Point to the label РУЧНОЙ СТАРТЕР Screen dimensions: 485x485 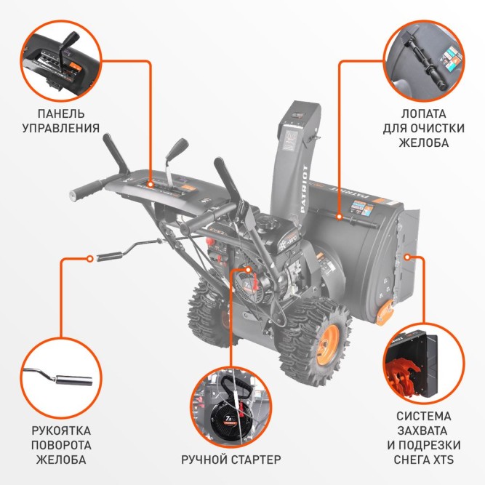point(231,460)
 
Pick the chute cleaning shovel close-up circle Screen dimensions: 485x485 point(425,59)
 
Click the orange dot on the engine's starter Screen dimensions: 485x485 point(249,268)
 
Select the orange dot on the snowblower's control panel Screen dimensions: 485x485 point(151,185)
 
